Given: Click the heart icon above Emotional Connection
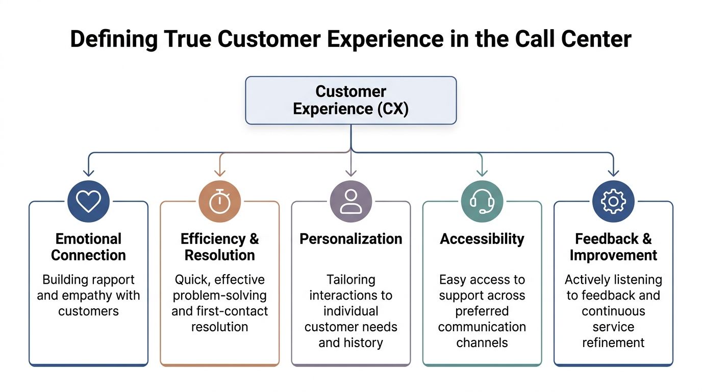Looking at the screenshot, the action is [x=88, y=201].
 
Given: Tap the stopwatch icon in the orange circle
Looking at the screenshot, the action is [x=220, y=201].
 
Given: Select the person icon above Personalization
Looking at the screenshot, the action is [x=351, y=201].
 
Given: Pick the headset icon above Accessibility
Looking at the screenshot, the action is [x=482, y=201].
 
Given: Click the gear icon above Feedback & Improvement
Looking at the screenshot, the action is [x=613, y=201].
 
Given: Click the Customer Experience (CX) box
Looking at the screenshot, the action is [x=351, y=101].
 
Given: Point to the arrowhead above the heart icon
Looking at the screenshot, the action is [x=89, y=173].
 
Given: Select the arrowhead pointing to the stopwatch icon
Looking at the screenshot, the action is [x=220, y=173].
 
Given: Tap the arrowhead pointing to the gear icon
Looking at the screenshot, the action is [x=613, y=173].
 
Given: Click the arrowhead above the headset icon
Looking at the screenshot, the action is [x=482, y=173].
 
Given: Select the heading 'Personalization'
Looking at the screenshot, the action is [x=351, y=239].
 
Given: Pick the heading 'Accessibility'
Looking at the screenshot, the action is [x=482, y=239].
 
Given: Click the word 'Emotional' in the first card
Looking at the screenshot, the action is [x=88, y=239].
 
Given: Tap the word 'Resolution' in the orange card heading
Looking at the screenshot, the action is [x=220, y=255].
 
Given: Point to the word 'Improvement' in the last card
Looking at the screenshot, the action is [x=613, y=256].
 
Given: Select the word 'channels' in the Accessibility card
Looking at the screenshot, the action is [x=482, y=343].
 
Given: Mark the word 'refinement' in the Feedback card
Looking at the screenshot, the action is [x=613, y=343].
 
